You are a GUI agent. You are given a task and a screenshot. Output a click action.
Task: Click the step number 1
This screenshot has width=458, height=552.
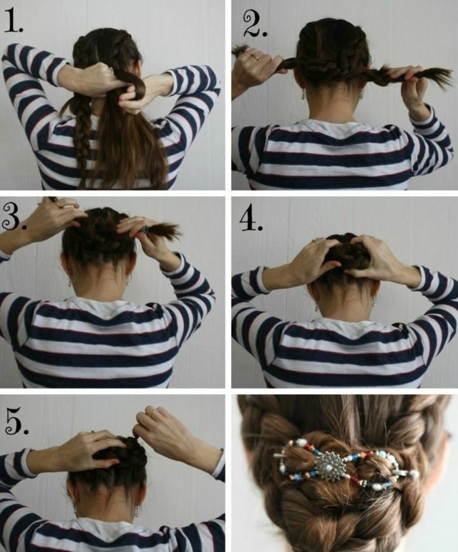click(13, 22)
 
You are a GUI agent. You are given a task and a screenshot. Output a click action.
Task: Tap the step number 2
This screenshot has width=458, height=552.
click(255, 24)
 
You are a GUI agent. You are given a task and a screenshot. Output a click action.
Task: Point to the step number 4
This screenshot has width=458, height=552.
click(251, 220)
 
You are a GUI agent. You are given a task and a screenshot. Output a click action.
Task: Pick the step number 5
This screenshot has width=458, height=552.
click(16, 420)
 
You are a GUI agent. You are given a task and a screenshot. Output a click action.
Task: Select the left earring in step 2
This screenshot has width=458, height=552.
click(303, 96)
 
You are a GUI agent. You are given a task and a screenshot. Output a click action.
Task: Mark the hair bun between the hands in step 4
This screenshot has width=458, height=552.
click(346, 255)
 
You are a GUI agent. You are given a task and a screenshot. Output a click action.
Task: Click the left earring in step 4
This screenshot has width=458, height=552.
click(317, 308)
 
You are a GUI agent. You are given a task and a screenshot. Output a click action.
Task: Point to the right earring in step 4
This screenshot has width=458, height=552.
click(374, 302)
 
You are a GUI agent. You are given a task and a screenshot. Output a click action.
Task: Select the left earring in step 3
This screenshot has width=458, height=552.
click(69, 282)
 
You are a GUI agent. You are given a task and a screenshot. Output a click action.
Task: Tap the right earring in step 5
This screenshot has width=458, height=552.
click(137, 511)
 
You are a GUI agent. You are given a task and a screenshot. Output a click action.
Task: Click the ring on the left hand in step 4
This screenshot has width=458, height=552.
click(318, 242)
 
